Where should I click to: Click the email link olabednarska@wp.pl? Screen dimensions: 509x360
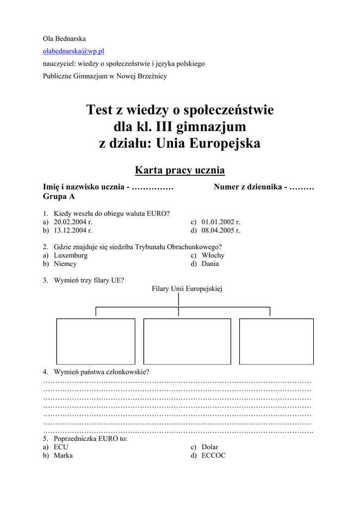tap(73, 51)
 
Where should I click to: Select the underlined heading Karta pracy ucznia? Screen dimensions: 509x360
tap(180, 170)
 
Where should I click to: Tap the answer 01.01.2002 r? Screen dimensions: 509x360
tap(221, 222)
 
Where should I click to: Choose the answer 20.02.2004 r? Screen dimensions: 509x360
tap(73, 222)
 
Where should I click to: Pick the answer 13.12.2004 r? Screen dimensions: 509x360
tap(73, 231)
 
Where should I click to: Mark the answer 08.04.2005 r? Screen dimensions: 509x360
tap(221, 231)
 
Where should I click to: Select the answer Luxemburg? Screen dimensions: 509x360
tap(71, 255)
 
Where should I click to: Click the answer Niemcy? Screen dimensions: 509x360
tap(65, 264)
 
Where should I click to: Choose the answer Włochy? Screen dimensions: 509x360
tap(213, 255)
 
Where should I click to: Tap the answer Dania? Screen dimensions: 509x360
tap(210, 264)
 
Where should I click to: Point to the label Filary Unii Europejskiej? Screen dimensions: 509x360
tap(187, 288)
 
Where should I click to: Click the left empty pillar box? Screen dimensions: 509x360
tap(95, 341)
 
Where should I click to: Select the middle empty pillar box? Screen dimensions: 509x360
tap(187, 341)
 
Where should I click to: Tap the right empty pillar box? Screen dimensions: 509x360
tap(276, 341)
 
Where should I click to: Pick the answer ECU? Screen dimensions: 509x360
tap(61, 447)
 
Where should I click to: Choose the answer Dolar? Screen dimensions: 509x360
tap(210, 447)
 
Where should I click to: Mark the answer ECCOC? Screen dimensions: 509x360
tap(213, 456)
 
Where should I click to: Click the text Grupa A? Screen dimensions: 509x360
tap(59, 197)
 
